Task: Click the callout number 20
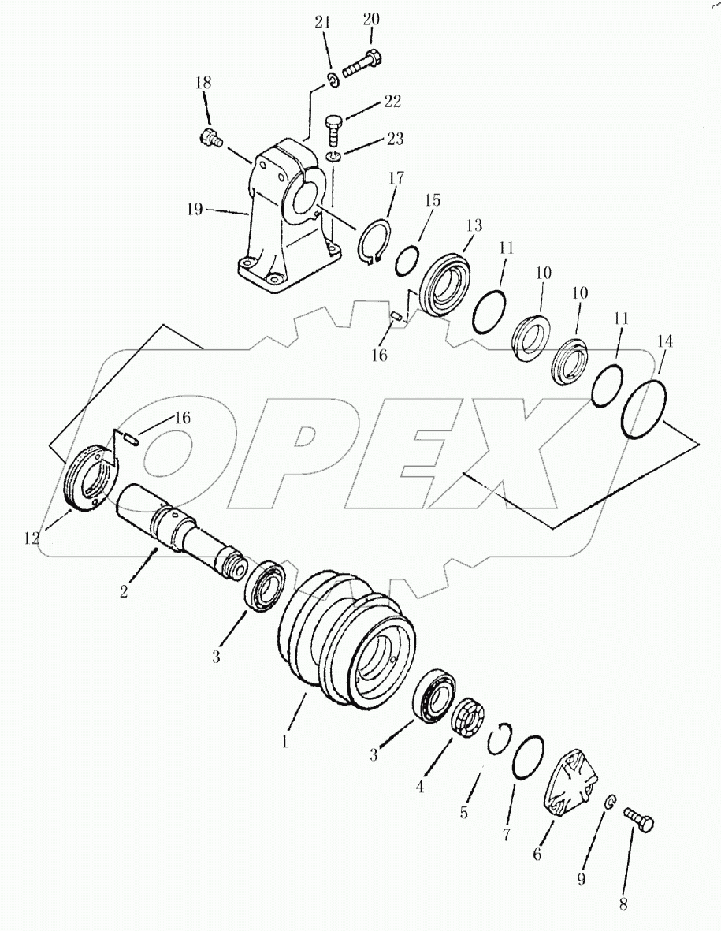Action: [371, 20]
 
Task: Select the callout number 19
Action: [195, 210]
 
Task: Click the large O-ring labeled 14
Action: [646, 408]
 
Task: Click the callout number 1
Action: [286, 743]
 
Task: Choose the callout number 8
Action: [623, 905]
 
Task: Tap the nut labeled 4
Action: [468, 719]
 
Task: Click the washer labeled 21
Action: [333, 77]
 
